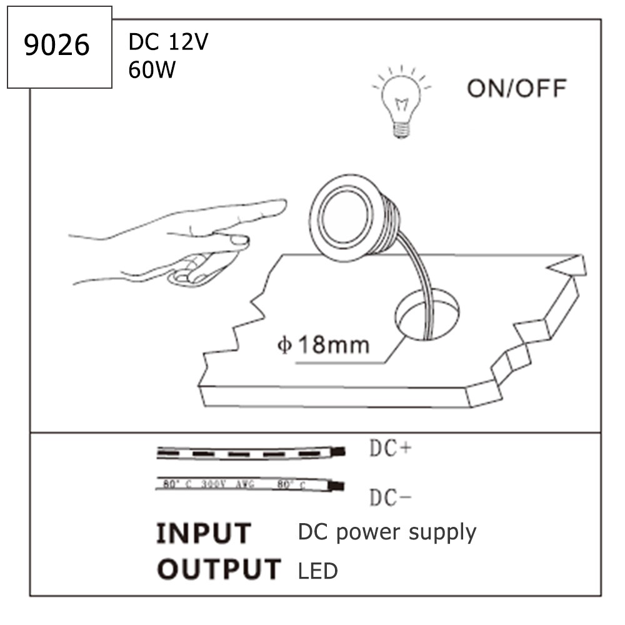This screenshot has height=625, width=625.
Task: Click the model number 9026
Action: pyautogui.click(x=57, y=47)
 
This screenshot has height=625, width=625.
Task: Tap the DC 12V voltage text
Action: pyautogui.click(x=168, y=42)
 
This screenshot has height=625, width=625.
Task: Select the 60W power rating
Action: pyautogui.click(x=152, y=69)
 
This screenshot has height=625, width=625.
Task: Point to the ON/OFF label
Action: pyautogui.click(x=516, y=88)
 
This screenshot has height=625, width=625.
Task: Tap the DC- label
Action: pyautogui.click(x=391, y=497)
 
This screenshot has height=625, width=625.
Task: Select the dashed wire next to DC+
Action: pyautogui.click(x=250, y=452)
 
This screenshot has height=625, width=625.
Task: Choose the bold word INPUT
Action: pyautogui.click(x=203, y=534)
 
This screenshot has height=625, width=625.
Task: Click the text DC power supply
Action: pyautogui.click(x=387, y=532)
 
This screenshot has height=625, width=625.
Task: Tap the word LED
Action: pyautogui.click(x=318, y=571)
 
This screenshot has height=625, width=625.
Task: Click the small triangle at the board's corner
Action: pyautogui.click(x=569, y=266)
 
